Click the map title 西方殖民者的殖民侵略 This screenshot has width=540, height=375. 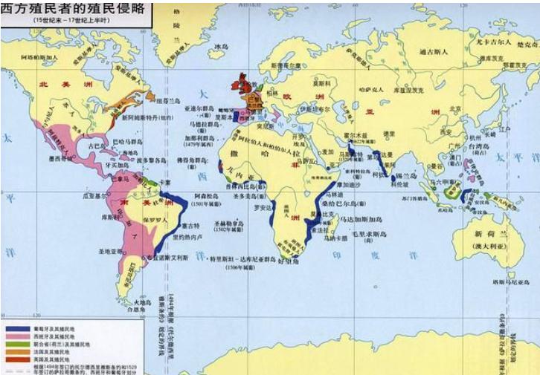[75, 10]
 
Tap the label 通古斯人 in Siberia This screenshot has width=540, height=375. [431, 52]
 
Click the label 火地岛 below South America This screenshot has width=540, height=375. [142, 302]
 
